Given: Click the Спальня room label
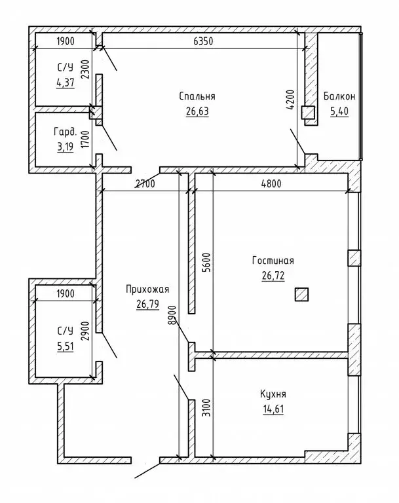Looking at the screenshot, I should coord(197,96).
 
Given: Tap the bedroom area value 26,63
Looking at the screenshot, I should coord(197,111).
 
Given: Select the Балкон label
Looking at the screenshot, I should coord(339,96).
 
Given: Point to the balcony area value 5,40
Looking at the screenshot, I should coord(339,111).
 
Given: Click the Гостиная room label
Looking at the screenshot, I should coord(273,260).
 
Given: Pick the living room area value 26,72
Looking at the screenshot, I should coord(273,275).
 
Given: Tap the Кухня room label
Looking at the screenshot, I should coord(273,395).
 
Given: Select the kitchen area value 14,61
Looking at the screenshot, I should coord(273,410).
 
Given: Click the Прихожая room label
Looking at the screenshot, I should coord(148,289).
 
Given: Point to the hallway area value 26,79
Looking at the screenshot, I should coord(148,304).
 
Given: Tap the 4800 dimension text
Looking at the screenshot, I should coord(270,184).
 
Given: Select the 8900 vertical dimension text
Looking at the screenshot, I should coord(172,315).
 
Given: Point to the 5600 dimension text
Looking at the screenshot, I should coord(206,264).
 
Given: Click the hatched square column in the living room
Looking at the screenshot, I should coord(302,295).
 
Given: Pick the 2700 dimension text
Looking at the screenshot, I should coord(145,184).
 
